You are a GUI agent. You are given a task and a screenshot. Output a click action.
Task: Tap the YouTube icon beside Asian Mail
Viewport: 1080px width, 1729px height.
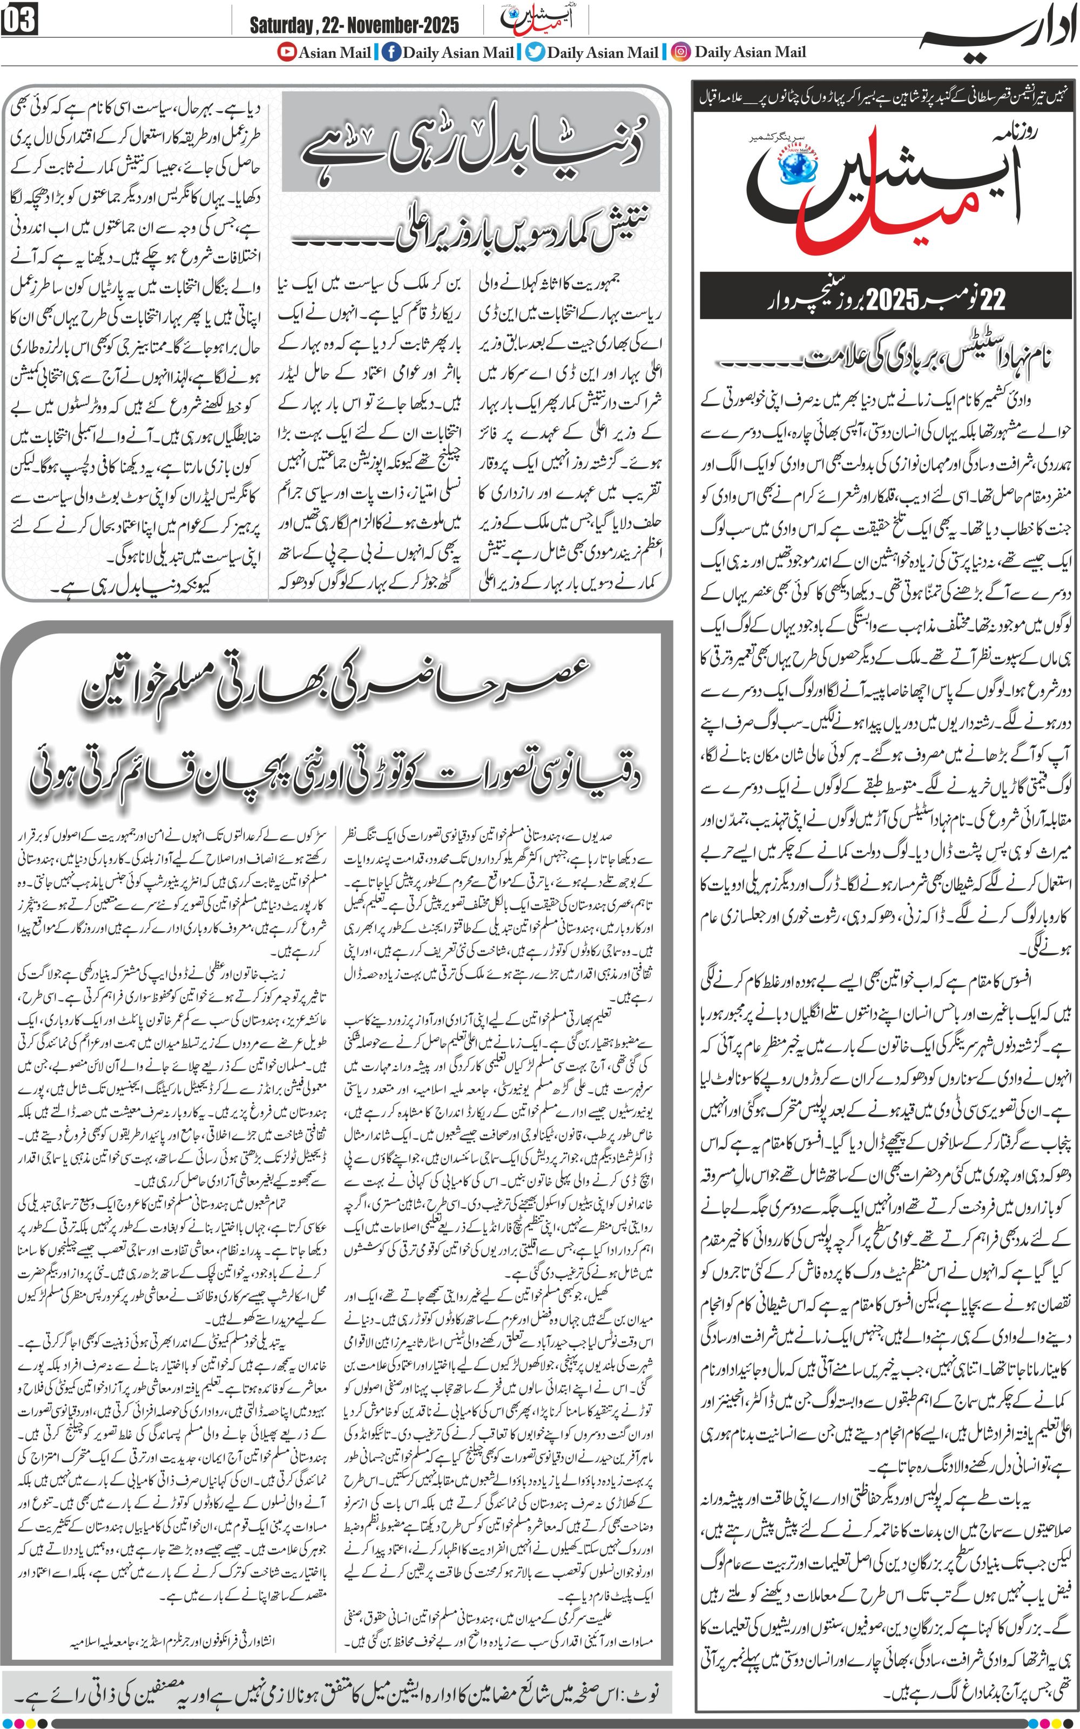pos(287,52)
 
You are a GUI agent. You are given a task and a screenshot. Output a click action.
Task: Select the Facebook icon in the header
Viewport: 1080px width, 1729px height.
pos(391,52)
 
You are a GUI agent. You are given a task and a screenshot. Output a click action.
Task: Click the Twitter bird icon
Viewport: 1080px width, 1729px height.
pos(536,52)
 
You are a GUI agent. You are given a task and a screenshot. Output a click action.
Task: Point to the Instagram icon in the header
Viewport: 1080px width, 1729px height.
pos(682,52)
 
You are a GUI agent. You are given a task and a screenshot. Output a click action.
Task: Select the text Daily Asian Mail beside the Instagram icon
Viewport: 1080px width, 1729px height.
pos(750,52)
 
